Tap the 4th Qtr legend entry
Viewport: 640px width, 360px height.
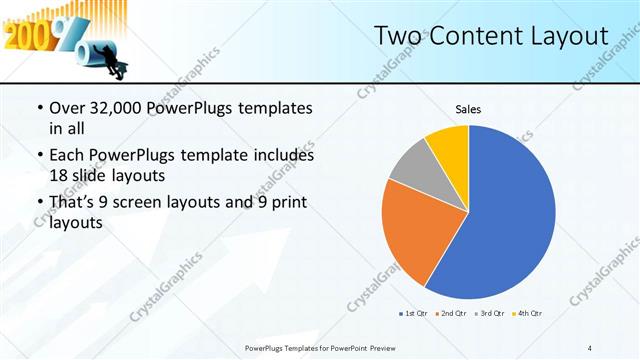(x=528, y=314)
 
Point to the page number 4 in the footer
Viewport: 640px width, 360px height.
(x=590, y=348)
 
